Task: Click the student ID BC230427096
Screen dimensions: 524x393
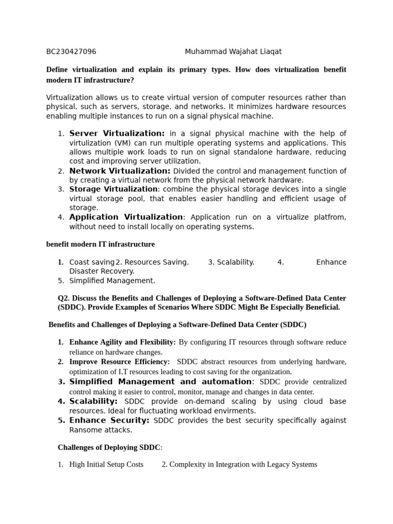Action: [71, 52]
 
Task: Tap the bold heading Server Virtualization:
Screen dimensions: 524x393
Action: [117, 134]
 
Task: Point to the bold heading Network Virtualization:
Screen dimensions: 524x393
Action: [120, 171]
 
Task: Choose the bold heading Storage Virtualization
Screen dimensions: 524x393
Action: [114, 189]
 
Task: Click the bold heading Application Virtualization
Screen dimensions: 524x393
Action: [126, 217]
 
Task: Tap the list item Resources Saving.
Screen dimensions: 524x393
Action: [152, 262]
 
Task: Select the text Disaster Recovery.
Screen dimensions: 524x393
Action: [102, 271]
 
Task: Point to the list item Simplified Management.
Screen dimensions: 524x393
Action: [112, 280]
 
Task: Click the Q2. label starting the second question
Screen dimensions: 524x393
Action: [63, 298]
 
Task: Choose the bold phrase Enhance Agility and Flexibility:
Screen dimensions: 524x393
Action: [122, 342]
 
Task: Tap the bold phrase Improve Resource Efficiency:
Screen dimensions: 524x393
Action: [119, 362]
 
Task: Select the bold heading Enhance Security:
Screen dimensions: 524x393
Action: [109, 421]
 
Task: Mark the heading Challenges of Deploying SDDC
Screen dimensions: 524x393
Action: [109, 447]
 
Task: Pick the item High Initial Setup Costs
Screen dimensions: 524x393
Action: [106, 465]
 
